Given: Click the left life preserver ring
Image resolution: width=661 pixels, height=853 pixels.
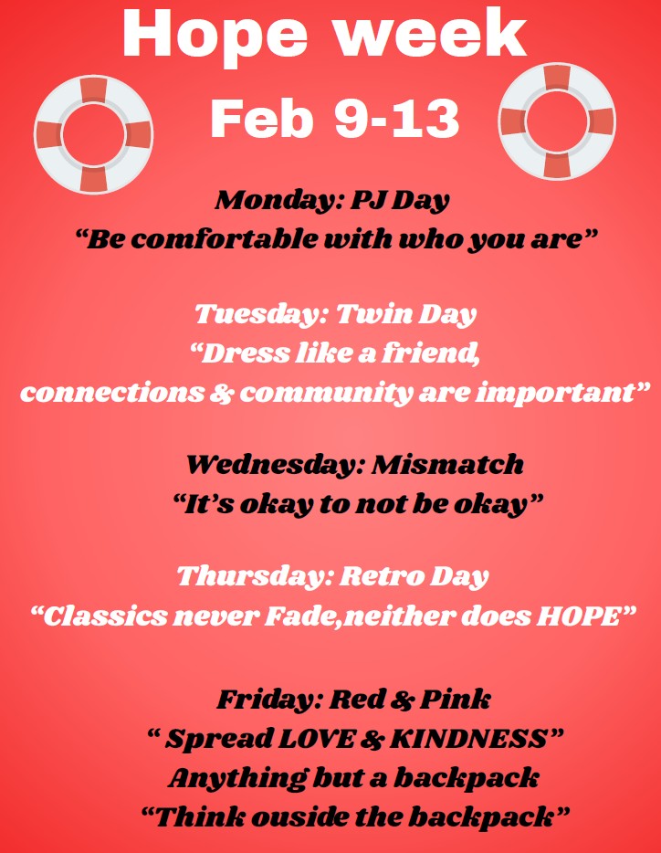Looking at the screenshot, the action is click(93, 134).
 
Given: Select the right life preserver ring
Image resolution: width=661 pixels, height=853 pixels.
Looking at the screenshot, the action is click(557, 121).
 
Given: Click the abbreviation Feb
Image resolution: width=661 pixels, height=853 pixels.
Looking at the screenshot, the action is click(262, 119).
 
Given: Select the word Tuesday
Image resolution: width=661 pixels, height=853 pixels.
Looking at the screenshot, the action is click(262, 314).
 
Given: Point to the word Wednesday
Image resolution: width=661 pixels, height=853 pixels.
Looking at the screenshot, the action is click(276, 465).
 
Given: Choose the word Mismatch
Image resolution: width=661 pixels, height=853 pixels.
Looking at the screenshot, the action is click(447, 465).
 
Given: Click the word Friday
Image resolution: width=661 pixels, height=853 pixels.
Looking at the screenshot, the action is click(270, 700).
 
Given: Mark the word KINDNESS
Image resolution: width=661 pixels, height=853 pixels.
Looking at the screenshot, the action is click(468, 739).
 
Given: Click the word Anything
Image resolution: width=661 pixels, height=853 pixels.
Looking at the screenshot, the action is click(237, 779).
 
